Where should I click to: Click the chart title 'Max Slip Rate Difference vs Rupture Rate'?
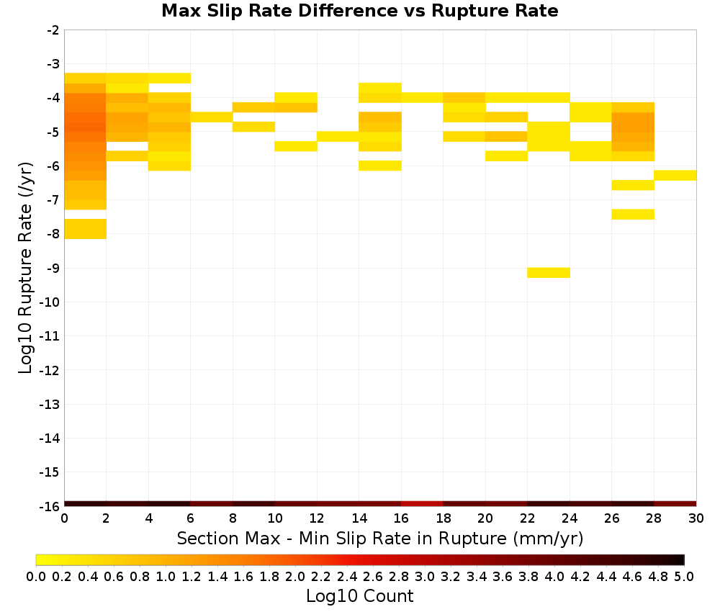pyautogui.click(x=359, y=11)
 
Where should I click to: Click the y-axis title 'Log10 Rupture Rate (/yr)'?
pyautogui.click(x=26, y=268)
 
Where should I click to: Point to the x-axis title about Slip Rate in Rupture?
pyautogui.click(x=380, y=538)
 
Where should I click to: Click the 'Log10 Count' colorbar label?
pyautogui.click(x=359, y=596)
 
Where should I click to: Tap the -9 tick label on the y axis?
pyautogui.click(x=53, y=268)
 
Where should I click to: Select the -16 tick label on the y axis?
pyautogui.click(x=50, y=506)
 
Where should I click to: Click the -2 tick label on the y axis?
pyautogui.click(x=53, y=30)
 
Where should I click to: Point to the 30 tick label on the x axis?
pyautogui.click(x=696, y=518)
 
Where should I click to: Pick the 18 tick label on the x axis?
pyautogui.click(x=443, y=518)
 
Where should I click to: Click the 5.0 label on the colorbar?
pyautogui.click(x=684, y=576)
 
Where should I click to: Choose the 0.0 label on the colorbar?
pyautogui.click(x=36, y=576)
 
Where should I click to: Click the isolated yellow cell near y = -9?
pyautogui.click(x=549, y=273)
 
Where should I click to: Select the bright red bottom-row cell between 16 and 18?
pyautogui.click(x=422, y=504)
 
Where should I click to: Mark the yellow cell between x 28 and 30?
pyautogui.click(x=675, y=176)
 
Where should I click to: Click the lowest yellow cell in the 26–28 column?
pyautogui.click(x=633, y=215)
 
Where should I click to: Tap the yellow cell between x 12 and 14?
pyautogui.click(x=338, y=136)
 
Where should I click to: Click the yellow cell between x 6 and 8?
pyautogui.click(x=212, y=117)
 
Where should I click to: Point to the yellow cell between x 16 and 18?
pyautogui.click(x=422, y=97)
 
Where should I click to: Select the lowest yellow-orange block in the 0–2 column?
pyautogui.click(x=86, y=229)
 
